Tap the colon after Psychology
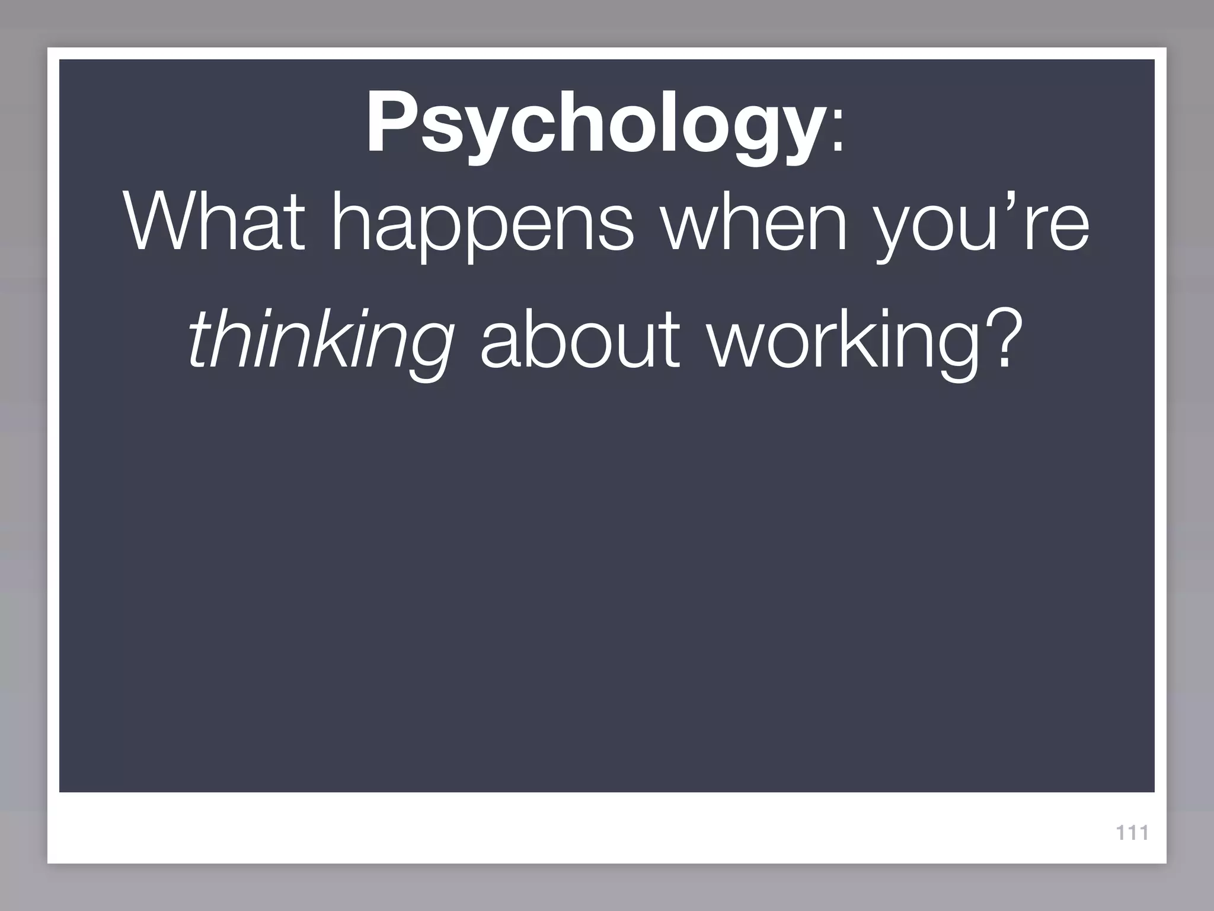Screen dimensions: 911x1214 837,136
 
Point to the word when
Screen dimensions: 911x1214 755,222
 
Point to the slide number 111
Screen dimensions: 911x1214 1132,833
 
